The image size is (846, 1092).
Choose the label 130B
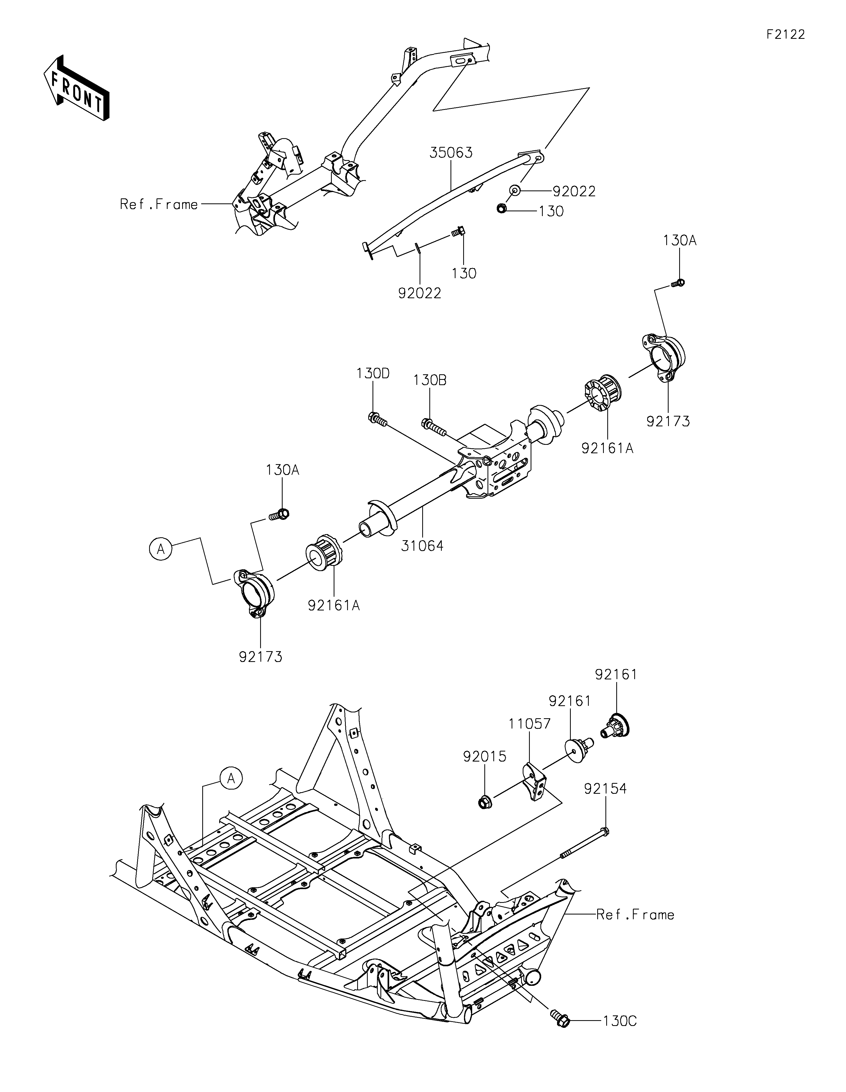430,380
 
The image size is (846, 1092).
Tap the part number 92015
484,757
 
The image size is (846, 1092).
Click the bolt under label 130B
434,427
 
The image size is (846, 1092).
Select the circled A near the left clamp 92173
160,549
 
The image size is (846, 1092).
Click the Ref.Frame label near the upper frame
159,204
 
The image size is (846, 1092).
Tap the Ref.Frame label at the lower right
635,914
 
